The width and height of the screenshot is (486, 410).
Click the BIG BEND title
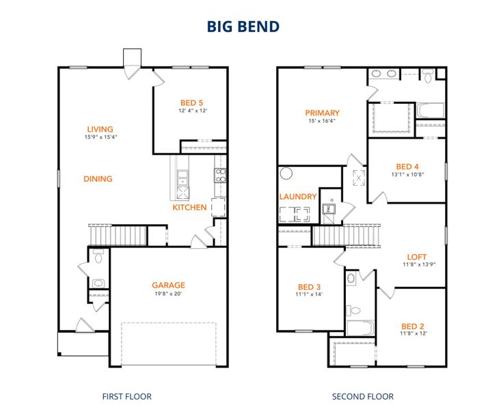tap(243, 27)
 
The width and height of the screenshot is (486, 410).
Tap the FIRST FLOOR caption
tap(126, 396)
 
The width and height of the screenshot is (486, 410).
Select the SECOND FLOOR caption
tap(362, 396)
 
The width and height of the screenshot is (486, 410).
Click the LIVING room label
tap(100, 129)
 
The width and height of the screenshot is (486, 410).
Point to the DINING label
tap(98, 179)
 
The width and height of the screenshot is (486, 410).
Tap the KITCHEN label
tap(189, 207)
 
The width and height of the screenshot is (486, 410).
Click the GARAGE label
tap(168, 286)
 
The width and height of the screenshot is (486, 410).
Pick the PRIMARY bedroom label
tap(322, 113)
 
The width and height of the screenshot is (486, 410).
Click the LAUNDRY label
tap(298, 197)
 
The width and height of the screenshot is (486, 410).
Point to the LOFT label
tap(416, 257)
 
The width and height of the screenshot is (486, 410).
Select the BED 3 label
tap(309, 286)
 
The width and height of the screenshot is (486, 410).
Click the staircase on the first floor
tap(117, 234)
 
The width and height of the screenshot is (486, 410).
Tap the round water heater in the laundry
tap(286, 174)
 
